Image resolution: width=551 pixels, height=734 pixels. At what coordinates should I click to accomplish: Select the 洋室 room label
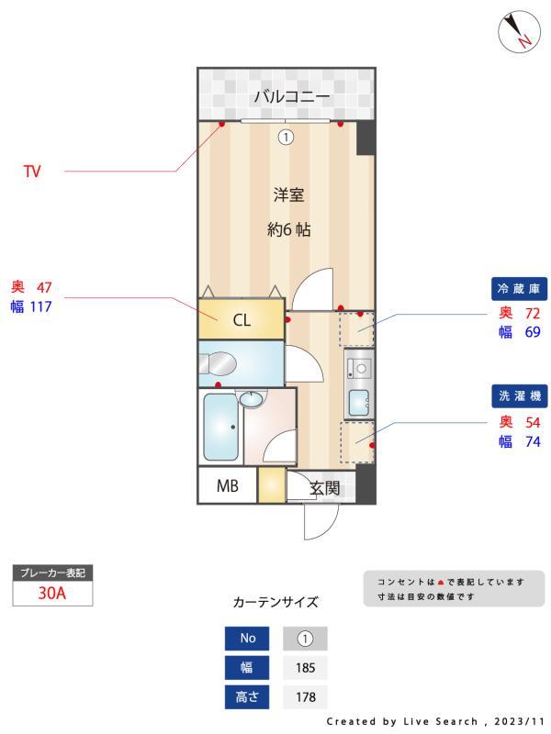coord(288,195)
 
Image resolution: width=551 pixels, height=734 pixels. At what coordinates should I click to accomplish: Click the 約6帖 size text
coord(288,230)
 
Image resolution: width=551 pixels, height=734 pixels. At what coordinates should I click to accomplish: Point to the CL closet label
coord(241,320)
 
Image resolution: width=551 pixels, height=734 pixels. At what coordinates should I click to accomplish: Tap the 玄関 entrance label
coord(325,488)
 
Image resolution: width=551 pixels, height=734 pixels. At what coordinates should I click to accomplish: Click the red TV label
coord(32,172)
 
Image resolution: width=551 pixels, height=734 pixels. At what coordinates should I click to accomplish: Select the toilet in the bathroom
coord(219,364)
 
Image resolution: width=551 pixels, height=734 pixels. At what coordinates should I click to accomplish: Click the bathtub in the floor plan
coord(221,427)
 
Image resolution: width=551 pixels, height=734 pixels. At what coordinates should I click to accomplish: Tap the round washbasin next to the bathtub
coord(250,399)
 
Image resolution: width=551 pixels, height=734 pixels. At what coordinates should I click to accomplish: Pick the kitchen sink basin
coord(359,401)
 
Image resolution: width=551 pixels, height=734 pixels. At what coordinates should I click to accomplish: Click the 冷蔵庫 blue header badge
coord(521,289)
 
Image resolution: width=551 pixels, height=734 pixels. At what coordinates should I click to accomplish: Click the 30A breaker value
coord(52,593)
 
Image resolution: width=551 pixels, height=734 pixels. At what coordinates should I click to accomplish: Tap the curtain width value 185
coord(305,667)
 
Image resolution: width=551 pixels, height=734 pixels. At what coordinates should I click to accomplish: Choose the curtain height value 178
coord(305,697)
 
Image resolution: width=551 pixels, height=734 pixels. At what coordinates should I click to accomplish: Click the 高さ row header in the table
coord(247,697)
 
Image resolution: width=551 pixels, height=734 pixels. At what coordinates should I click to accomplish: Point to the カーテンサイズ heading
coord(275,603)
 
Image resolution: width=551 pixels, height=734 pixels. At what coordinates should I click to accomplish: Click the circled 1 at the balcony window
coord(286,138)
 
